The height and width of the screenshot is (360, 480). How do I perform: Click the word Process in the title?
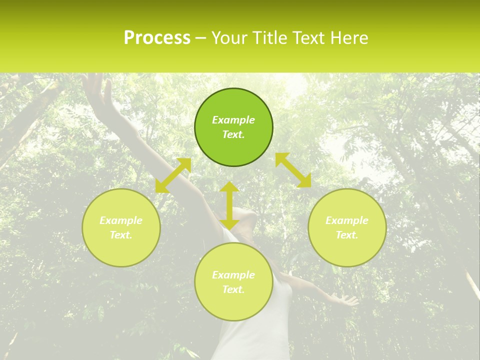157,38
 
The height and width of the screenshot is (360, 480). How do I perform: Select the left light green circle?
121,227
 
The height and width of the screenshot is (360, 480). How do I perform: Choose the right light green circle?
347,227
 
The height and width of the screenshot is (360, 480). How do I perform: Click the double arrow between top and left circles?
173,175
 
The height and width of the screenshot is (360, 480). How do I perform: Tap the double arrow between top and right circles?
293,170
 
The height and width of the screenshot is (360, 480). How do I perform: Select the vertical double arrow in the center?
229,205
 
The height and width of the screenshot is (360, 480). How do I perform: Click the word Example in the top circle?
233,120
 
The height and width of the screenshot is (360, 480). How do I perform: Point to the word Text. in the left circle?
121,235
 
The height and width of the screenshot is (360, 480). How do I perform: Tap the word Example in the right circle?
347,220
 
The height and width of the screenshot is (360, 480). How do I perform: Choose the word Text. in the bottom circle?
233,289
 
